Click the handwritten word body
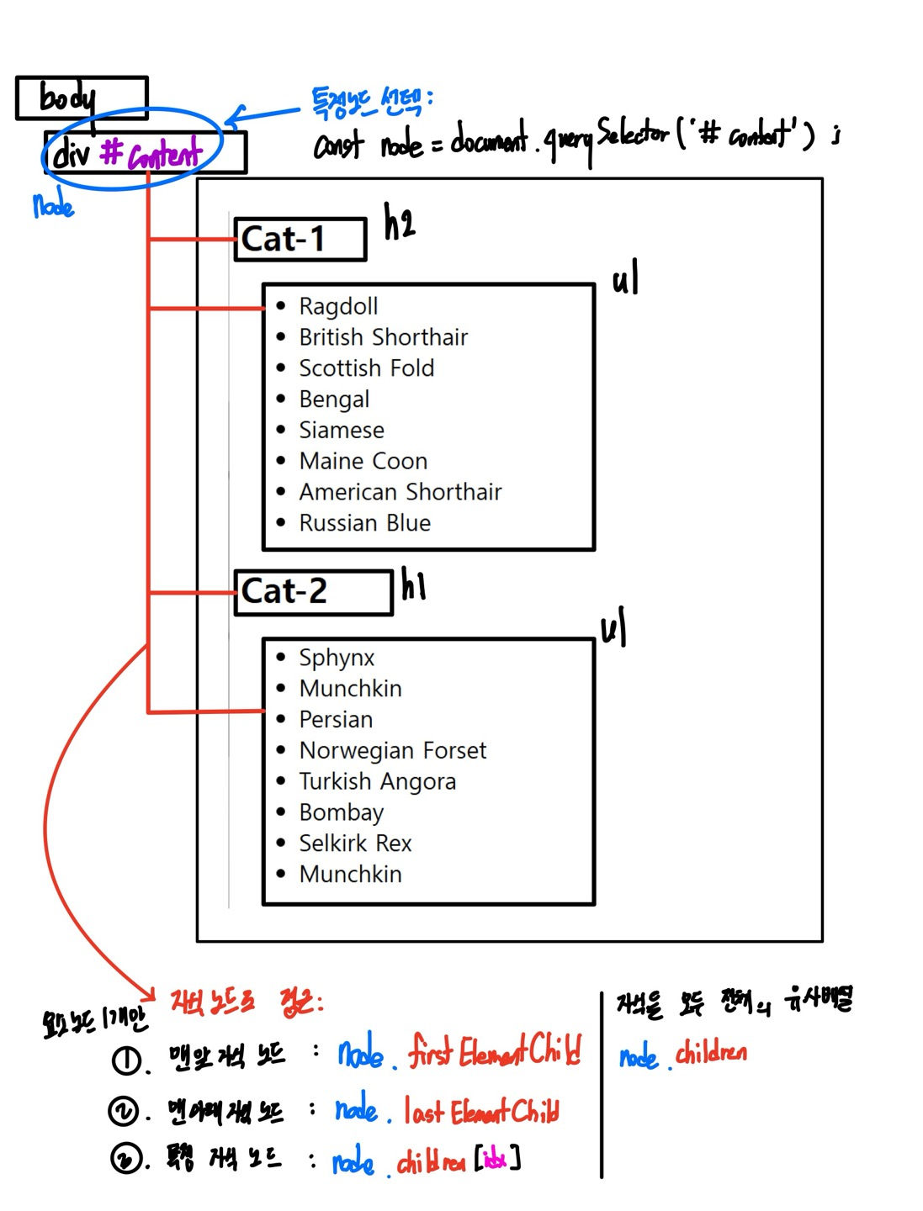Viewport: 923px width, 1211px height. (x=67, y=98)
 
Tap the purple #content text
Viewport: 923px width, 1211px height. (x=151, y=153)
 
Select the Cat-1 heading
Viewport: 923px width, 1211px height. (x=284, y=240)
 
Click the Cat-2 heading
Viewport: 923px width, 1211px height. (x=284, y=591)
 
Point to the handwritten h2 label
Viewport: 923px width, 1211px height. (x=400, y=223)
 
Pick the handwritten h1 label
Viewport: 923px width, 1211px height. (x=413, y=584)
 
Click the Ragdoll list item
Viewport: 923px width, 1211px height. (x=338, y=306)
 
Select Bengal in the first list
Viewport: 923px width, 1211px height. (x=334, y=399)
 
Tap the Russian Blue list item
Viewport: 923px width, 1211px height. (x=364, y=523)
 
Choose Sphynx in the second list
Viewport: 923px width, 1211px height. (x=337, y=658)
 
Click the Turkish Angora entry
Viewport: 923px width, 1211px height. (x=377, y=781)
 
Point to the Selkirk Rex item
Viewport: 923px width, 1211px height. (x=355, y=843)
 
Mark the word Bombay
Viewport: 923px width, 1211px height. (x=341, y=812)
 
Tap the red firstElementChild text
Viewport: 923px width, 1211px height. (x=495, y=1051)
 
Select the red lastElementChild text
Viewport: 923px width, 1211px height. (x=481, y=1112)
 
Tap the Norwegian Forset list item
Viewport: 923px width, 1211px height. (x=393, y=750)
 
